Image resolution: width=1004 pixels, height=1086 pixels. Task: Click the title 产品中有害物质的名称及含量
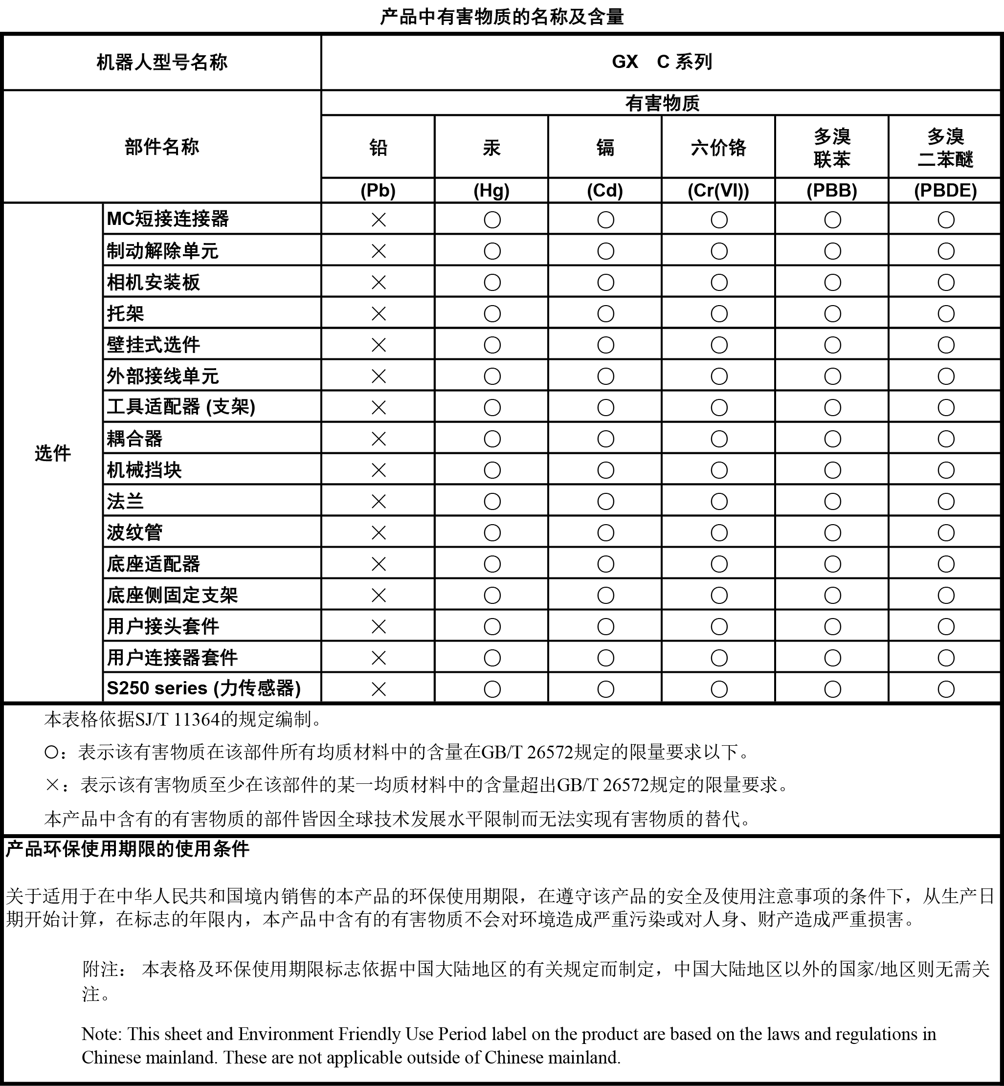click(501, 17)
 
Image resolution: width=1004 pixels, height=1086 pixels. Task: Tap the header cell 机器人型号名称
click(162, 62)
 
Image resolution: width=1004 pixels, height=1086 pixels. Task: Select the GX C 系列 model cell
click(661, 62)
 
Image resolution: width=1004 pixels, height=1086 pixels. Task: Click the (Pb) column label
click(378, 191)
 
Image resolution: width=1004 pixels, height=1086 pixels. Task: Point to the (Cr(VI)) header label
click(718, 191)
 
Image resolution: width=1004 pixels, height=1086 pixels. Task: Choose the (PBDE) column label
click(945, 191)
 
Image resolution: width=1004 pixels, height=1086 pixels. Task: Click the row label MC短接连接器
click(168, 219)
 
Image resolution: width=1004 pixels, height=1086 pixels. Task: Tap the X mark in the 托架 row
click(379, 313)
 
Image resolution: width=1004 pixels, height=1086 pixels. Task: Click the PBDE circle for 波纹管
click(946, 532)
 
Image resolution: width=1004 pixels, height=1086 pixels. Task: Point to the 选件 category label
click(53, 453)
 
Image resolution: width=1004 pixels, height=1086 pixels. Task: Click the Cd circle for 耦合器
click(606, 439)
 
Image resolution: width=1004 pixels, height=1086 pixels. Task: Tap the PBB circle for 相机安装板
click(832, 283)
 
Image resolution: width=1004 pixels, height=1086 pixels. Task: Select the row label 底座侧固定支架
click(172, 595)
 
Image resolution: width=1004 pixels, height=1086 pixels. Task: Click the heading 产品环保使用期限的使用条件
click(127, 848)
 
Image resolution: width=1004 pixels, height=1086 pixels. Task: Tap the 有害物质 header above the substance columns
click(662, 103)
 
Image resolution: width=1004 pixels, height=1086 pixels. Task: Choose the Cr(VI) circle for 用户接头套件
click(719, 626)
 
